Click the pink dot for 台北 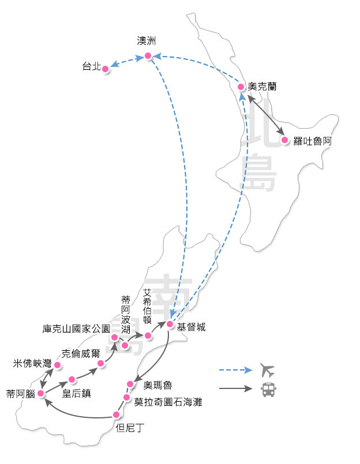click(106, 68)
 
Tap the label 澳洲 click(147, 41)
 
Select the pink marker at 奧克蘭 click(241, 87)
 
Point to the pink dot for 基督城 click(170, 324)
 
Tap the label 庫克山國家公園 click(76, 329)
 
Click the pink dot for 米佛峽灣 click(57, 365)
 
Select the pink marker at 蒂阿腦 click(40, 393)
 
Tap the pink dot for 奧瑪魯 click(130, 383)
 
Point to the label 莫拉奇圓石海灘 click(168, 402)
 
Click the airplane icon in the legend click(268, 369)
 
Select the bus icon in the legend click(268, 390)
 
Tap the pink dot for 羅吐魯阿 click(284, 140)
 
